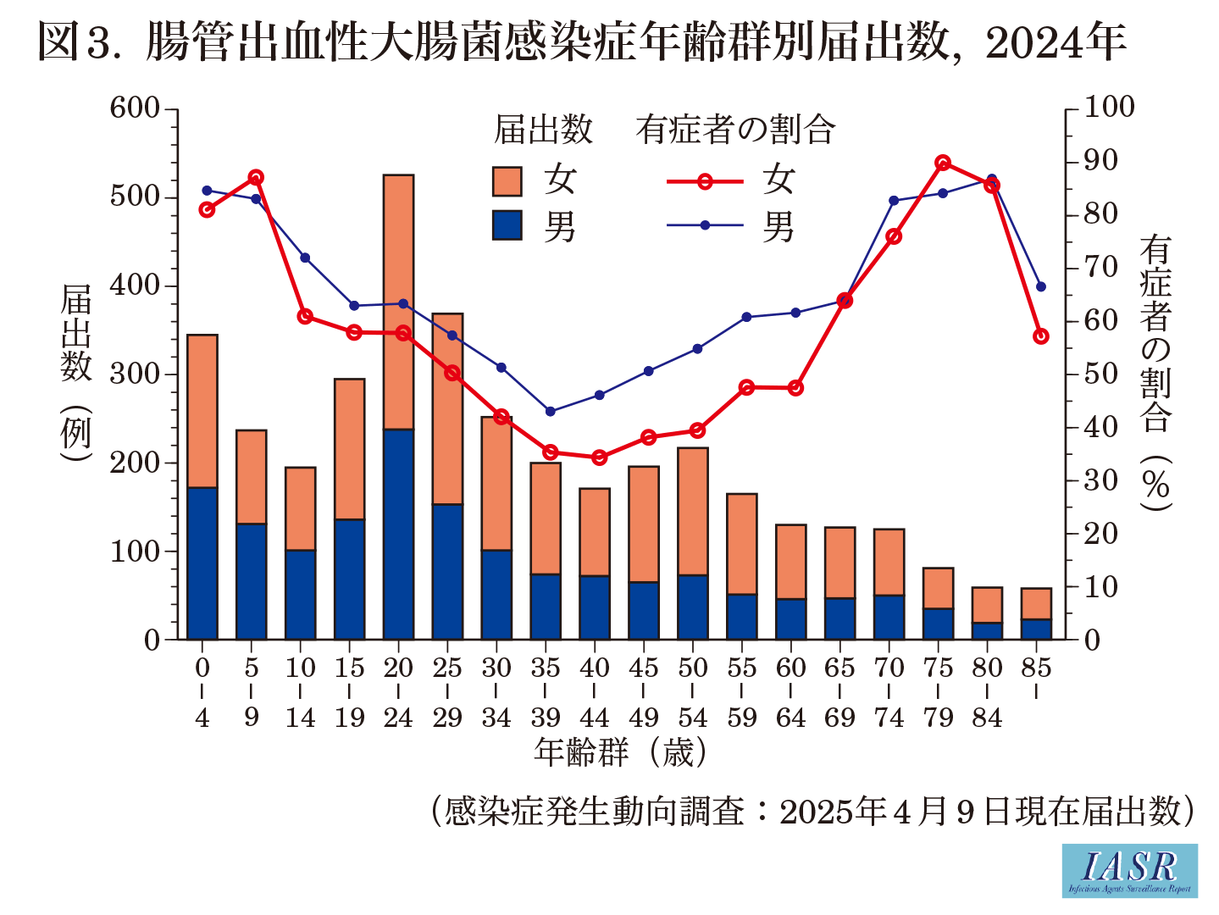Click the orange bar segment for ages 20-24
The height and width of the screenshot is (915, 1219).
click(398, 302)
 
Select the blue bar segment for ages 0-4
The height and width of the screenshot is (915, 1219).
click(202, 563)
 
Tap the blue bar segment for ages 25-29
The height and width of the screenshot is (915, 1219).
click(447, 571)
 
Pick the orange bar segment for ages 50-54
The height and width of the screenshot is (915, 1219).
click(693, 511)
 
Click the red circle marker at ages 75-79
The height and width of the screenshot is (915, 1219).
click(943, 164)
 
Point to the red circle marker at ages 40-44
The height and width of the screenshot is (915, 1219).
click(599, 457)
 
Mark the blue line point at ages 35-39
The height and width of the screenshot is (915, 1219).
click(550, 412)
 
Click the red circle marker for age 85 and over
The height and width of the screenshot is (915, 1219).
click(1041, 336)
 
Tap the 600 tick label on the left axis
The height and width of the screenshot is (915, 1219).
click(135, 108)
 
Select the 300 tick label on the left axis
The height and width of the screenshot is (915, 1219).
click(135, 374)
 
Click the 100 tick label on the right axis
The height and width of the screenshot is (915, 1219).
click(1110, 108)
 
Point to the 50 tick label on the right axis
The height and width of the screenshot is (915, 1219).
click(1101, 374)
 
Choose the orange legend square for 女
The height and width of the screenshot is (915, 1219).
click(507, 181)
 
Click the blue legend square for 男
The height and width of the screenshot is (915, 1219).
click(507, 226)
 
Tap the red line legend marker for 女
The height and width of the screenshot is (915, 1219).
click(704, 181)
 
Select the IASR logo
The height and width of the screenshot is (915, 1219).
click(1129, 870)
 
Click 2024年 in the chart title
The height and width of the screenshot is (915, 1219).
click(1056, 42)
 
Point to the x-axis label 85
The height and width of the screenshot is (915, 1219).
click(1036, 668)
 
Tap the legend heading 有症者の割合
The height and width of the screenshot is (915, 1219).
click(735, 130)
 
